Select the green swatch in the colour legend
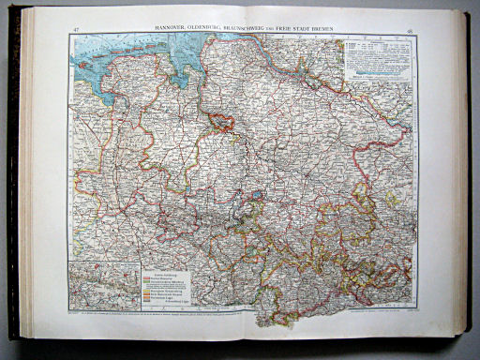click(145, 285)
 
